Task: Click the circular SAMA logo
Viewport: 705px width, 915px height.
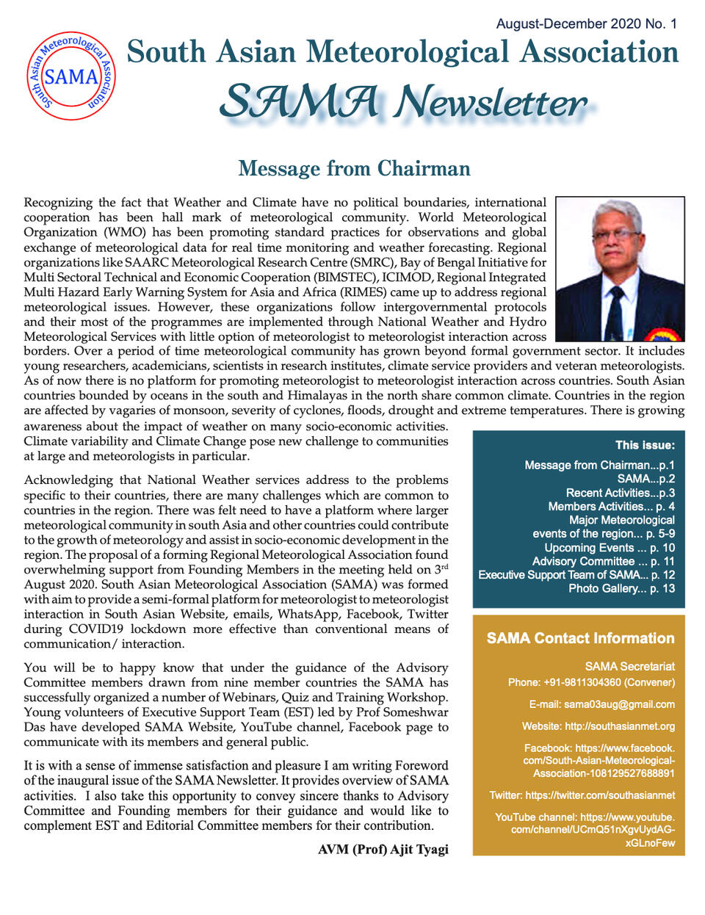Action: pyautogui.click(x=71, y=76)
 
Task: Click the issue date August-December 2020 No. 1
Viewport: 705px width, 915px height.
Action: pyautogui.click(x=586, y=23)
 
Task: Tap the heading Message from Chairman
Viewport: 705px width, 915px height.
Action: pyautogui.click(x=354, y=169)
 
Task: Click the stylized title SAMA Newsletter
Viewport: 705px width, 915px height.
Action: pyautogui.click(x=403, y=102)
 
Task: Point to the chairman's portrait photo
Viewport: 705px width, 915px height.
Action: pyautogui.click(x=620, y=269)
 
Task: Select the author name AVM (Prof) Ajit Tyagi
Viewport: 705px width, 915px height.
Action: pyautogui.click(x=383, y=849)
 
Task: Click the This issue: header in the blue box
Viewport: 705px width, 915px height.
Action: pyautogui.click(x=645, y=445)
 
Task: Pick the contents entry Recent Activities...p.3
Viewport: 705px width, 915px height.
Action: pyautogui.click(x=620, y=493)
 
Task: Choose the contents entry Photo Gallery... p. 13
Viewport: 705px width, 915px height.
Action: pyautogui.click(x=621, y=588)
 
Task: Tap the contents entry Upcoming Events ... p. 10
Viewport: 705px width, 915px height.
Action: pyautogui.click(x=609, y=548)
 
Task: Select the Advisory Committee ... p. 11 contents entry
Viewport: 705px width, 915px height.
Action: pyautogui.click(x=603, y=561)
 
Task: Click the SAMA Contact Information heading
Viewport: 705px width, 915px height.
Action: pyautogui.click(x=580, y=638)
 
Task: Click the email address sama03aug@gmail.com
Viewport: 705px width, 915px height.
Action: pyautogui.click(x=619, y=704)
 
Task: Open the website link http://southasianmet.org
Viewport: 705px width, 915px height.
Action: pyautogui.click(x=619, y=726)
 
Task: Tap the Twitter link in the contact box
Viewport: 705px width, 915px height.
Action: pyautogui.click(x=582, y=795)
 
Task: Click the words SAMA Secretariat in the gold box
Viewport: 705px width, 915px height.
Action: pyautogui.click(x=629, y=666)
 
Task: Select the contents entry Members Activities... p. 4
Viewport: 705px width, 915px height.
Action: pyautogui.click(x=611, y=506)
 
